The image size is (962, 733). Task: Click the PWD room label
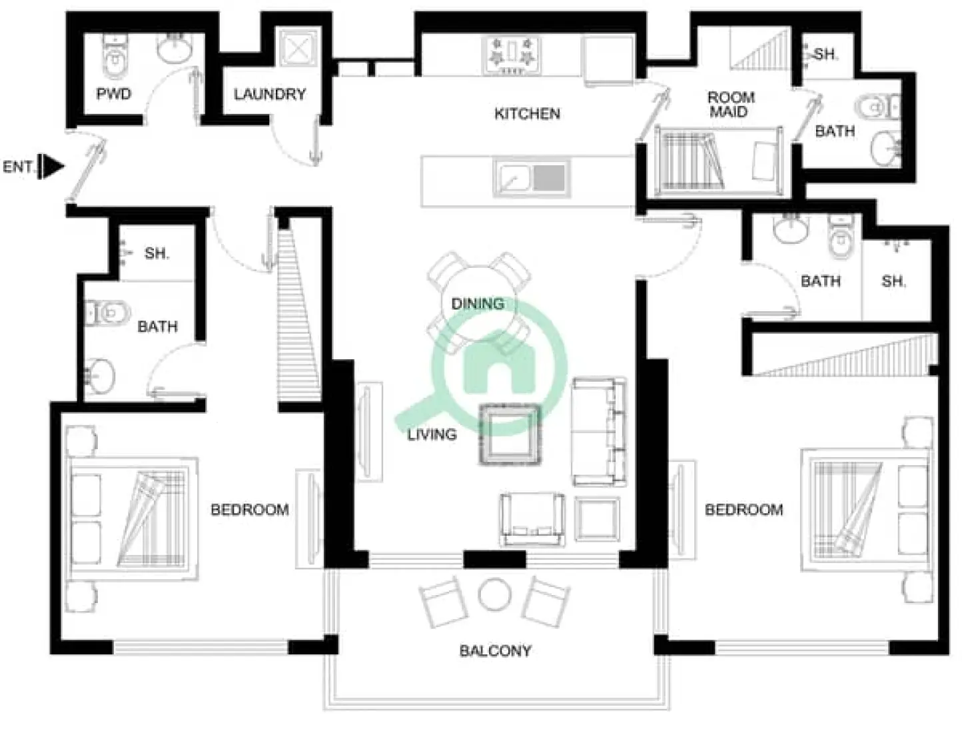coord(113,94)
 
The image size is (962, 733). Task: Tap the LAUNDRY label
coord(269,95)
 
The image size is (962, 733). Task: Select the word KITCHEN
coord(527,114)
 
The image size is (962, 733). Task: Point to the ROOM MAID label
coord(730,105)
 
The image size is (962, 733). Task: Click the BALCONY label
coord(495,651)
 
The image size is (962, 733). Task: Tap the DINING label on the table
coord(478,304)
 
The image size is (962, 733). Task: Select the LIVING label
coord(432,434)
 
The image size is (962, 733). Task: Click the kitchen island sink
coord(532,179)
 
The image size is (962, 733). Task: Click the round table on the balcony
coord(495,594)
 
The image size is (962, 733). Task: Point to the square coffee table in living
coord(510,434)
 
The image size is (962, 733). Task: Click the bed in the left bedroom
coord(133,518)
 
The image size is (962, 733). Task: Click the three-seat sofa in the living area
coord(599,432)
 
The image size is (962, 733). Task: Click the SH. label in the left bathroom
coord(157,254)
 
